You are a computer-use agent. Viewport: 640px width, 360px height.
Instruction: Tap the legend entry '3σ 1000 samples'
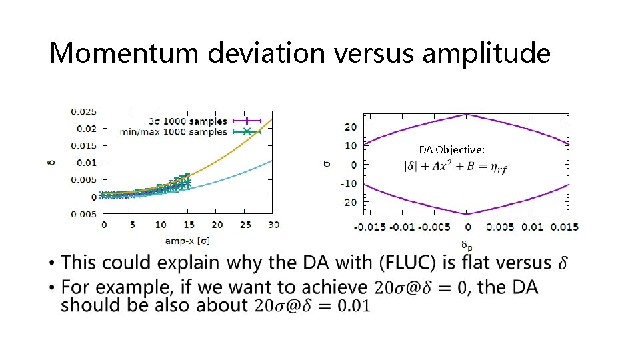pos(190,121)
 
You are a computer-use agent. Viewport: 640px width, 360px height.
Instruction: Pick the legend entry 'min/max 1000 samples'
pos(174,132)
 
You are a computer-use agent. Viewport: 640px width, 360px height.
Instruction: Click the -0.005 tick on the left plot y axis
pos(83,213)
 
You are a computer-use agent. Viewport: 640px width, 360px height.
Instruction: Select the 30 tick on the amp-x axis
pos(273,225)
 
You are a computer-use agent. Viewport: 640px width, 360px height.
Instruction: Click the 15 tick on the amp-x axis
pos(189,225)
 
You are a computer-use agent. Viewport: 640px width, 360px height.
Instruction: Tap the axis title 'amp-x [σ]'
pos(187,240)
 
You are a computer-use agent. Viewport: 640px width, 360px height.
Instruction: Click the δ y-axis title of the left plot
pos(53,162)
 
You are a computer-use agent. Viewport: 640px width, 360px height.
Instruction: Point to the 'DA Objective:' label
pos(451,150)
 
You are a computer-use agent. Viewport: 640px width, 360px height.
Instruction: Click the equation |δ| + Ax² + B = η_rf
pos(455,167)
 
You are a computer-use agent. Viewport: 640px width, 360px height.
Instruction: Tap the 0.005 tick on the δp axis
pos(500,227)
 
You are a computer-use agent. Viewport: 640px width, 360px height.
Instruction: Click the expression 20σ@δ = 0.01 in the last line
pos(311,305)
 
